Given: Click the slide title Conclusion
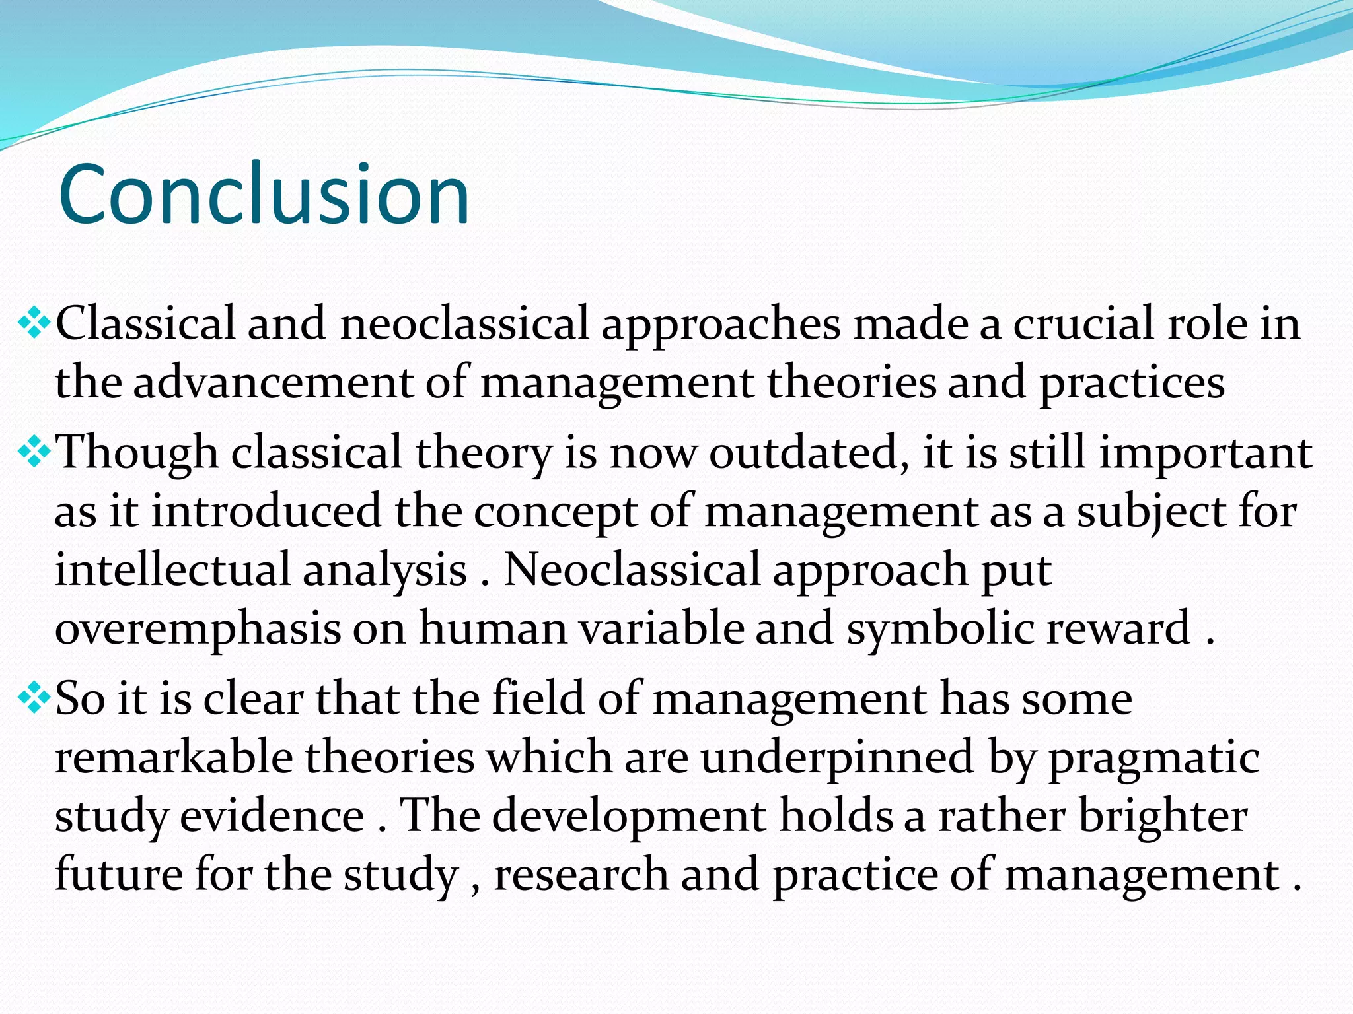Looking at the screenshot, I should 264,195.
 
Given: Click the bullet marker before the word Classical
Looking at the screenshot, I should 33,323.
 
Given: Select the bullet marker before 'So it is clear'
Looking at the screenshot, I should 33,698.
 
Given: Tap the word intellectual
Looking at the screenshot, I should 172,570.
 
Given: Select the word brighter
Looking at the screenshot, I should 1163,817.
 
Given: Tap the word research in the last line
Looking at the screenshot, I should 581,875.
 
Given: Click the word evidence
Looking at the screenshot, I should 272,817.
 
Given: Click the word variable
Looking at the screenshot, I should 661,628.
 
